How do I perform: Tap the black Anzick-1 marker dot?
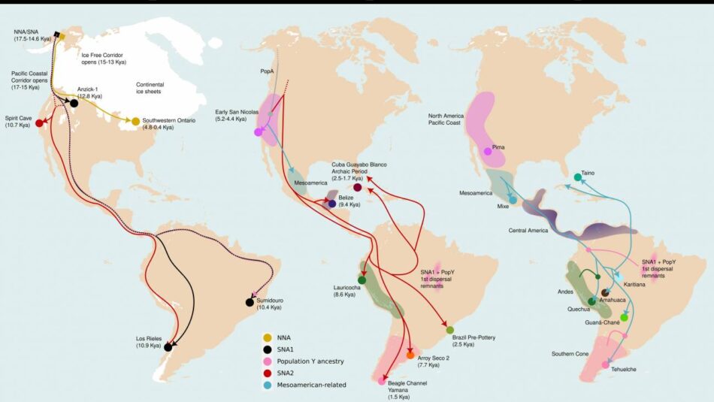pyautogui.click(x=74, y=103)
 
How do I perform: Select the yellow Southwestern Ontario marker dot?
pyautogui.click(x=135, y=121)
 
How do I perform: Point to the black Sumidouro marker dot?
pyautogui.click(x=249, y=302)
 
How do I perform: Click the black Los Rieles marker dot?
pyautogui.click(x=168, y=347)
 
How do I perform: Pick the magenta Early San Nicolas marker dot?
pyautogui.click(x=258, y=132)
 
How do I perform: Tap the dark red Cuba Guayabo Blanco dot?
pyautogui.click(x=357, y=188)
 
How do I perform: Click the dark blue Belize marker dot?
pyautogui.click(x=331, y=203)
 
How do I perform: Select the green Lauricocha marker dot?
pyautogui.click(x=362, y=280)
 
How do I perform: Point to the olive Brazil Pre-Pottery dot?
pyautogui.click(x=449, y=330)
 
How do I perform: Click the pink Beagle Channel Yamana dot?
pyautogui.click(x=382, y=381)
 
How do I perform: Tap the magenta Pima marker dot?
pyautogui.click(x=488, y=152)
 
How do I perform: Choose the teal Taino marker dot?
pyautogui.click(x=577, y=177)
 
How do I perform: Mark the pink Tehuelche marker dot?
pyautogui.click(x=606, y=364)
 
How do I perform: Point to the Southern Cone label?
pyautogui.click(x=571, y=354)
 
